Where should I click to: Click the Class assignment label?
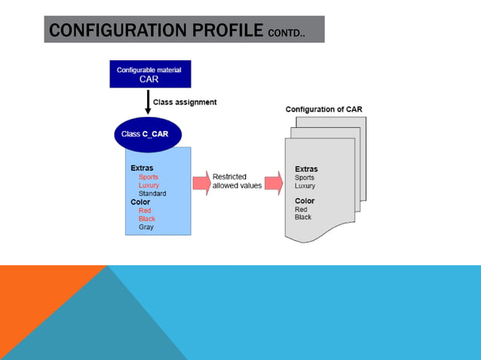pyautogui.click(x=185, y=102)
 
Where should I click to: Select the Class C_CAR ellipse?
pyautogui.click(x=148, y=134)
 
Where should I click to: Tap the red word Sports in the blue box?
pyautogui.click(x=149, y=177)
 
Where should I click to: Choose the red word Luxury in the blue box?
pyautogui.click(x=149, y=185)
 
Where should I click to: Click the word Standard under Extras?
pyautogui.click(x=152, y=194)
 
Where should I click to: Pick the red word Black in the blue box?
pyautogui.click(x=146, y=218)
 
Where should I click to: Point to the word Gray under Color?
pyautogui.click(x=146, y=227)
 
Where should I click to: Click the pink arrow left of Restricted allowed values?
pyautogui.click(x=201, y=182)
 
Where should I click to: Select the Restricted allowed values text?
pyautogui.click(x=237, y=182)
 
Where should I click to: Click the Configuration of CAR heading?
pyautogui.click(x=323, y=109)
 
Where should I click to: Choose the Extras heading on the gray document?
pyautogui.click(x=306, y=169)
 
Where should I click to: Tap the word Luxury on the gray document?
pyautogui.click(x=305, y=186)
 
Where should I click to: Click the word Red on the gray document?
pyautogui.click(x=301, y=209)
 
